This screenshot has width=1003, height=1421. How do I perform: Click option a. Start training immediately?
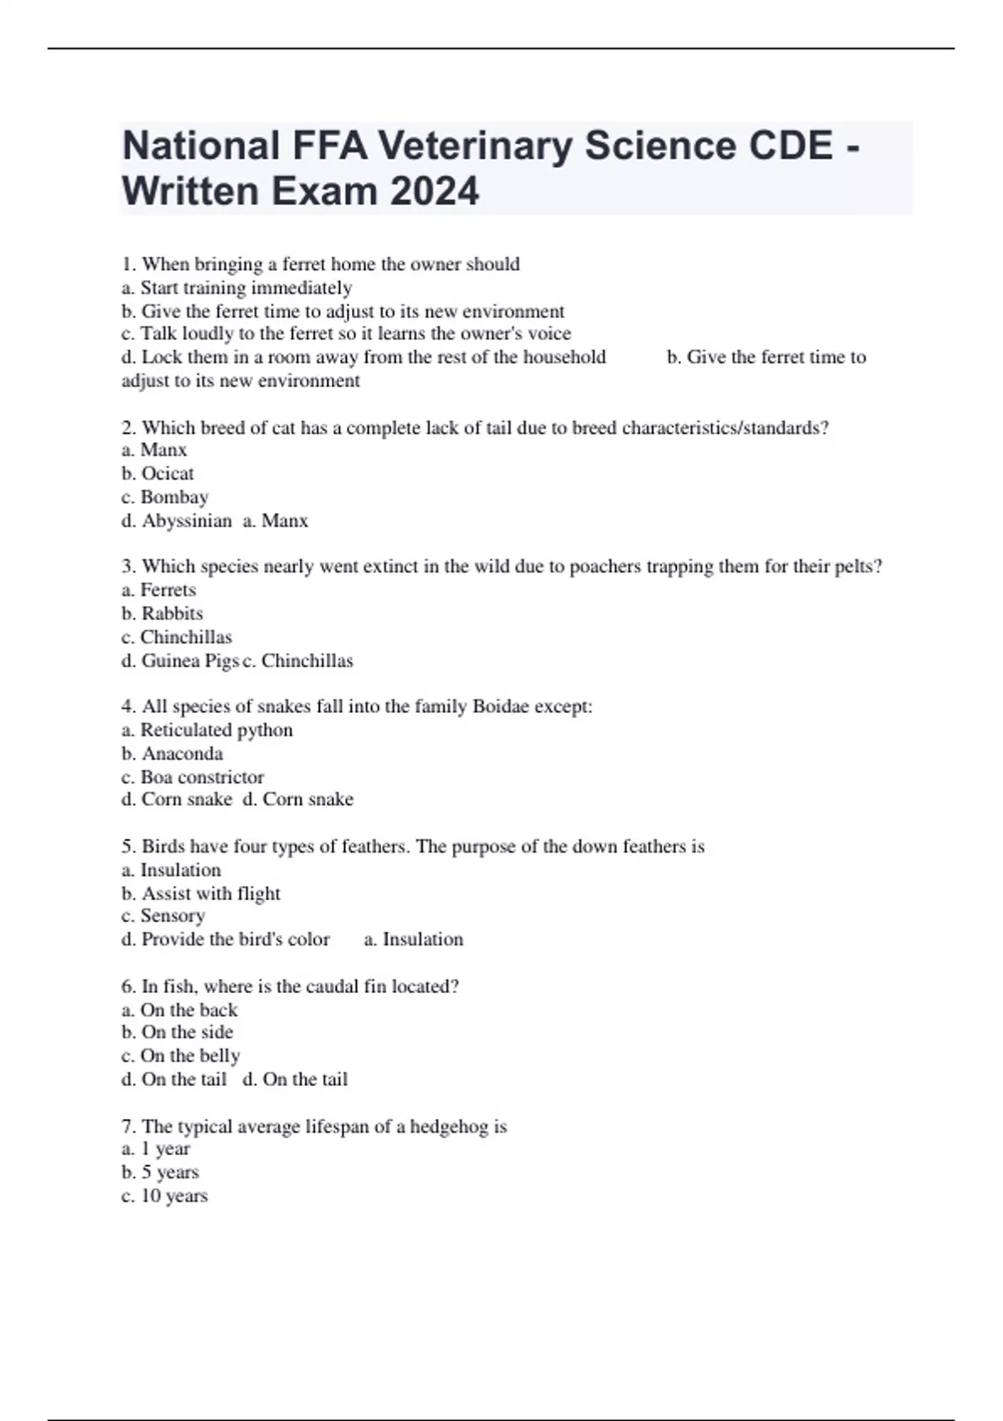pos(237,288)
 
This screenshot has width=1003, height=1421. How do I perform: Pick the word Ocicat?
pos(167,473)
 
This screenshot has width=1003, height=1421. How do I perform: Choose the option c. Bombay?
pos(165,497)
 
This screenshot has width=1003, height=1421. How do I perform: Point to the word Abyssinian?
pos(186,521)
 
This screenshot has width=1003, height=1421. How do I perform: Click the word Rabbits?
pos(172,613)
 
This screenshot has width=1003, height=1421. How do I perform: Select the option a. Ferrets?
pos(159,589)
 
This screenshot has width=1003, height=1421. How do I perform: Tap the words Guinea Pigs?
pos(191,660)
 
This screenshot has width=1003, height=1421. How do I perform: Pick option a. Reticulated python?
pos(207,730)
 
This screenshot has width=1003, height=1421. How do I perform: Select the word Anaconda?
pos(182,753)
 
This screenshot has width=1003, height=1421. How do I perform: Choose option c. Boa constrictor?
pos(192,777)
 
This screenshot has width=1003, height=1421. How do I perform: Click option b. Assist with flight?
pos(201,893)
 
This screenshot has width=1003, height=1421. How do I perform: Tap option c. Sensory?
pos(163,915)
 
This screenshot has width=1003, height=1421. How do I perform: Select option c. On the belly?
pos(181,1056)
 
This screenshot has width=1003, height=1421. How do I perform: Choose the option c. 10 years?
pos(165,1195)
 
